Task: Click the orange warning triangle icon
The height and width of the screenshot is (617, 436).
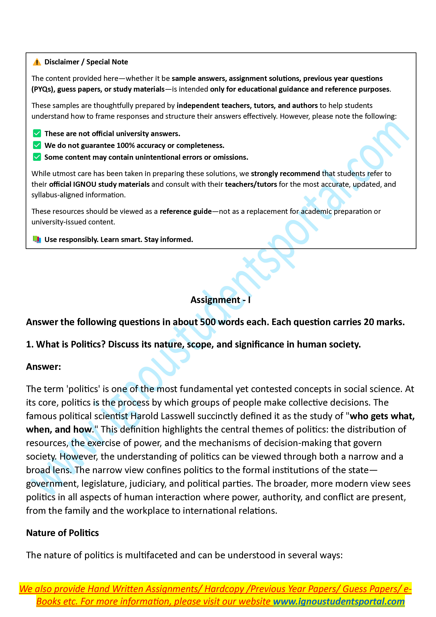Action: coord(37,62)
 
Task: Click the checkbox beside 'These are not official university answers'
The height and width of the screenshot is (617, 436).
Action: coord(37,133)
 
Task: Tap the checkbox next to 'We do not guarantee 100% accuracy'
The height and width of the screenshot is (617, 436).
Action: coord(37,145)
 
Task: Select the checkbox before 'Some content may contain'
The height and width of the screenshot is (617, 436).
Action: coord(37,157)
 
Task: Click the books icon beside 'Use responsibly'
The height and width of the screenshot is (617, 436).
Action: coord(37,239)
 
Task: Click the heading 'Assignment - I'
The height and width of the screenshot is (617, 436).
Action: coord(220,300)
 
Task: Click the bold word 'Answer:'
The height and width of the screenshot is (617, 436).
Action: coord(43,367)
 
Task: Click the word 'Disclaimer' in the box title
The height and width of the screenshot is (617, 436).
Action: coord(62,62)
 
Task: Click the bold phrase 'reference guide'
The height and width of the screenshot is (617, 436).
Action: coord(186,211)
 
